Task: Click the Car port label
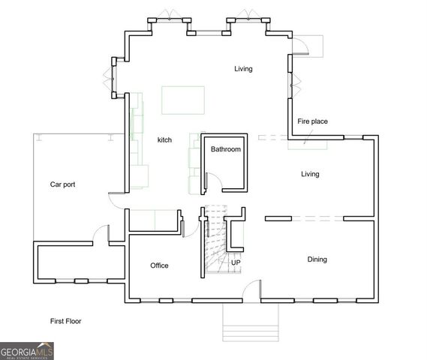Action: click(x=62, y=184)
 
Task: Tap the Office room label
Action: click(x=159, y=265)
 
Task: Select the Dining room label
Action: click(x=317, y=259)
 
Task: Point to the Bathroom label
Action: click(x=225, y=149)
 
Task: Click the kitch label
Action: click(x=164, y=140)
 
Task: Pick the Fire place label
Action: click(x=312, y=121)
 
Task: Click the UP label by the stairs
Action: click(x=236, y=262)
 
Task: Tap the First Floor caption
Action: click(x=65, y=321)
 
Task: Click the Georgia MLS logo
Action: click(x=27, y=351)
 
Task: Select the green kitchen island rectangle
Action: click(x=183, y=98)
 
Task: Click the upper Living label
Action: click(x=243, y=69)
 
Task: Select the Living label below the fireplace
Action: click(x=310, y=174)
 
